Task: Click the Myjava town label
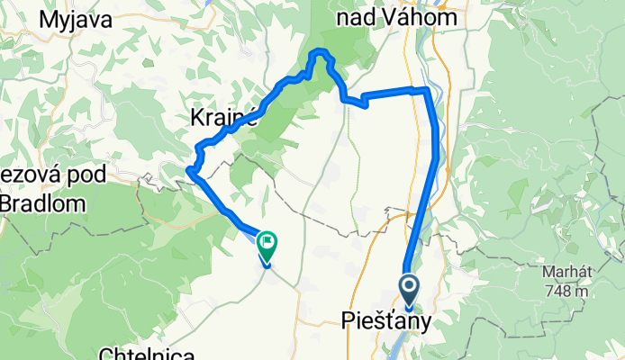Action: (x=69, y=20)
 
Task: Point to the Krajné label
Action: (x=225, y=116)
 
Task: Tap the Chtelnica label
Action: (x=140, y=354)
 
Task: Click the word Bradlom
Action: (x=42, y=203)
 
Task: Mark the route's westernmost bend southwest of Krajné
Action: (x=189, y=170)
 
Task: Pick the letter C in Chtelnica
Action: (x=104, y=354)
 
